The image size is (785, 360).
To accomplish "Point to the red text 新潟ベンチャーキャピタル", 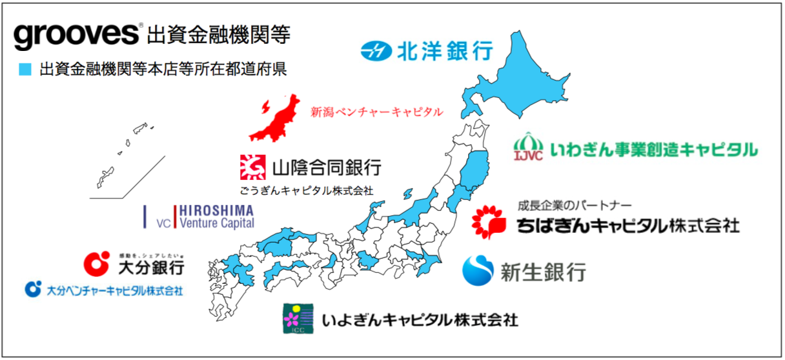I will click(x=377, y=112).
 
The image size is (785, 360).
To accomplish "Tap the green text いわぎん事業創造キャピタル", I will click(x=653, y=150).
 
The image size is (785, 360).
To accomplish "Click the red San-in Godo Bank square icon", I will click(x=252, y=167).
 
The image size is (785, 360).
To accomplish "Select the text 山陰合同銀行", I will click(x=326, y=168).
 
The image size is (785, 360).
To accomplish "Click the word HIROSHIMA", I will click(x=216, y=211).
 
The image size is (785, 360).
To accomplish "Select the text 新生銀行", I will click(x=543, y=272).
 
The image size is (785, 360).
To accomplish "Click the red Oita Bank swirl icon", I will click(x=97, y=263).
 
